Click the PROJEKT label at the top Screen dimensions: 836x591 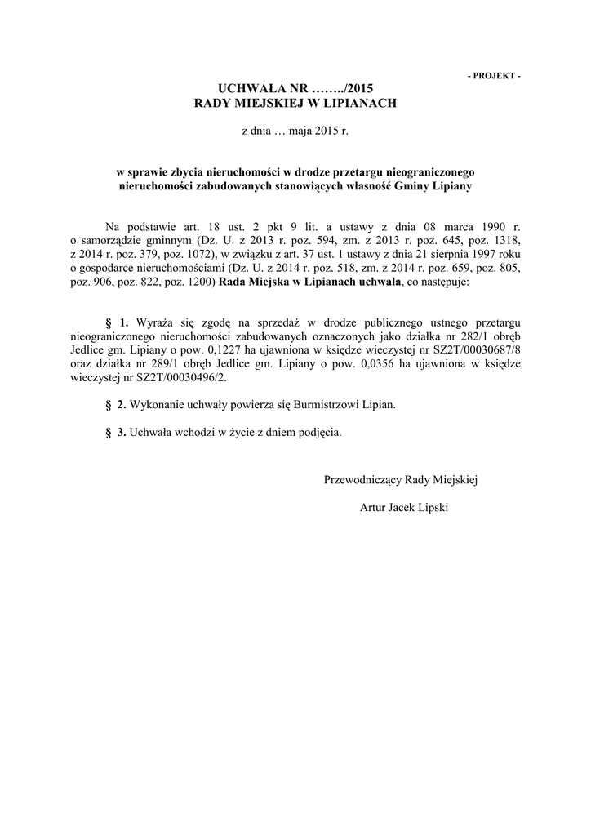coord(494,75)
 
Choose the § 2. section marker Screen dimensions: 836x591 coord(117,405)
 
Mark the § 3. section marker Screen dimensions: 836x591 coord(117,432)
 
